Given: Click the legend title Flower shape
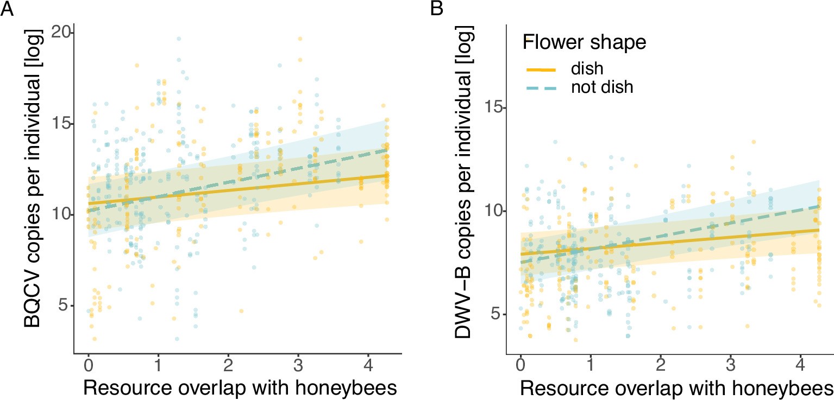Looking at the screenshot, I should [x=584, y=43].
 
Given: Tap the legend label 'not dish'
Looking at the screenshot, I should [x=602, y=87].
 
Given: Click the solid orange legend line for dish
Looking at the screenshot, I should [x=541, y=69].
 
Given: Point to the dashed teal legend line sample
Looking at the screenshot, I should [x=541, y=87].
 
